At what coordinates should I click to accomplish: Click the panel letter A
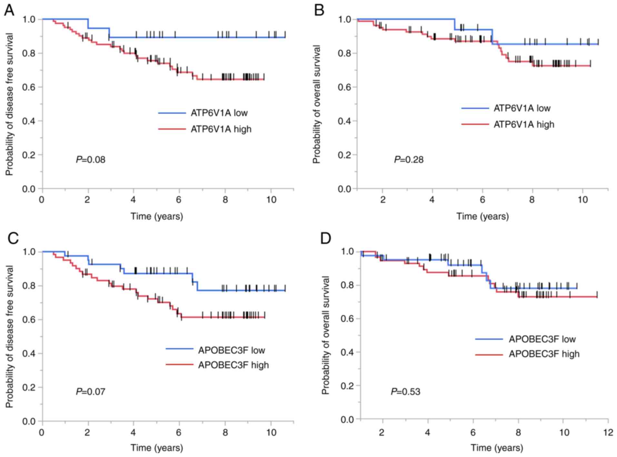(x=9, y=10)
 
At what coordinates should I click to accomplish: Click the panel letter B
(x=319, y=10)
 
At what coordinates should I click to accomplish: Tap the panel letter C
(x=13, y=238)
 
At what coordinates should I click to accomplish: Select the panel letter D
(x=326, y=238)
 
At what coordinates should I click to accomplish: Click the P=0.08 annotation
(x=91, y=160)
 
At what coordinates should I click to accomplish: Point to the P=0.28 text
(x=409, y=160)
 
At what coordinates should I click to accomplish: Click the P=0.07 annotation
(x=91, y=392)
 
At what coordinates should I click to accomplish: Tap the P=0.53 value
(x=405, y=392)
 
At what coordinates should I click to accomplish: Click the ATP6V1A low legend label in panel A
(x=219, y=113)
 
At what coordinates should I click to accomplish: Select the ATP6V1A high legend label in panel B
(x=524, y=124)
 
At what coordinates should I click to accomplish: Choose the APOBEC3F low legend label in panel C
(x=232, y=350)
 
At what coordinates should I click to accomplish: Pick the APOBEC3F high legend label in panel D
(x=544, y=354)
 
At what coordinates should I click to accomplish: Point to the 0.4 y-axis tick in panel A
(x=29, y=121)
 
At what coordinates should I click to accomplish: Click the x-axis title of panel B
(x=483, y=216)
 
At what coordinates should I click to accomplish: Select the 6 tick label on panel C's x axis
(x=179, y=433)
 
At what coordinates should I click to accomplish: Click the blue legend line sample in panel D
(x=489, y=339)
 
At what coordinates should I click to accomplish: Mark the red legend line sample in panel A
(x=172, y=129)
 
